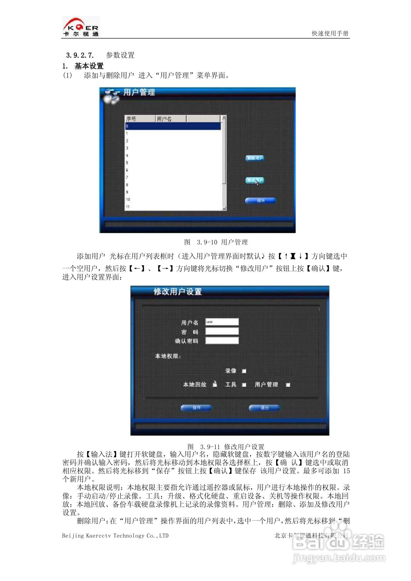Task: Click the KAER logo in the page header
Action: point(81,26)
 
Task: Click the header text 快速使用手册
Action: point(330,33)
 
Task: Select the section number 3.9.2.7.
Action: point(80,55)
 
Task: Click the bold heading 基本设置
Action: point(89,66)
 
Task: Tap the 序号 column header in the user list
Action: point(132,119)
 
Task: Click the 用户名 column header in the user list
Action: point(164,119)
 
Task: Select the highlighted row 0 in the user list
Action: point(173,126)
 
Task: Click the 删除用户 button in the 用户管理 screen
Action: point(255,158)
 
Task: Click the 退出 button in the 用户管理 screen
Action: point(261,200)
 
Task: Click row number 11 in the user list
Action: point(128,207)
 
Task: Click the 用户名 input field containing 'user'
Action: point(222,322)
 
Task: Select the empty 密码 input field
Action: point(222,331)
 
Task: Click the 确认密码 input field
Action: point(222,341)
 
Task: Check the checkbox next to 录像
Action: point(244,371)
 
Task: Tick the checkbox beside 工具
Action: point(244,385)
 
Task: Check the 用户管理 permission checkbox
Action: point(288,385)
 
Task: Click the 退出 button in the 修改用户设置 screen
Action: point(264,408)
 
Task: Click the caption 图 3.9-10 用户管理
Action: point(216,242)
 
